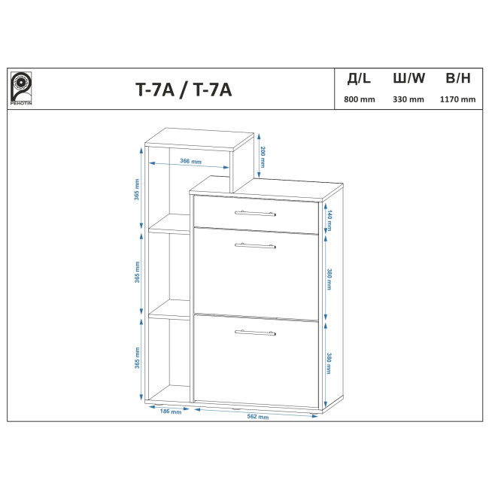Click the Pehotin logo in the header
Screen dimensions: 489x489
pyautogui.click(x=21, y=88)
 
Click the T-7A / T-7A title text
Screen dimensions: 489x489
pyautogui.click(x=184, y=90)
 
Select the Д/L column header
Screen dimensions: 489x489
pyautogui.click(x=359, y=78)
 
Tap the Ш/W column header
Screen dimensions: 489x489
pyautogui.click(x=409, y=78)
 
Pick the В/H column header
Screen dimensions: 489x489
pyautogui.click(x=458, y=78)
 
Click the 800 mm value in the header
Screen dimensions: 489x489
pyautogui.click(x=360, y=99)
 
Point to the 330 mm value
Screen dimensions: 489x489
pyautogui.click(x=409, y=99)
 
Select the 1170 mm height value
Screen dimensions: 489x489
pyautogui.click(x=457, y=99)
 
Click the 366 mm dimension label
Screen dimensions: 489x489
pyautogui.click(x=190, y=161)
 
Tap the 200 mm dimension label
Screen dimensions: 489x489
pyautogui.click(x=263, y=157)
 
